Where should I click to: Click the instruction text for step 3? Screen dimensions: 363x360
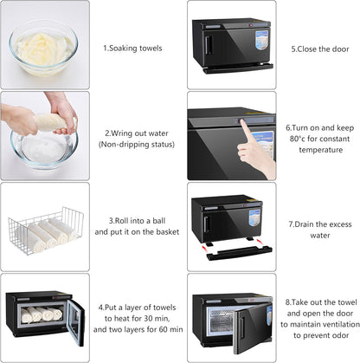[137, 227]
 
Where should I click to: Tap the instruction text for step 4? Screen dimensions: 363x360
[138, 317]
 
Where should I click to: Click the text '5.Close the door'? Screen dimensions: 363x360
[320, 49]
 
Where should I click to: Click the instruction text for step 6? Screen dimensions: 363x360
[320, 138]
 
